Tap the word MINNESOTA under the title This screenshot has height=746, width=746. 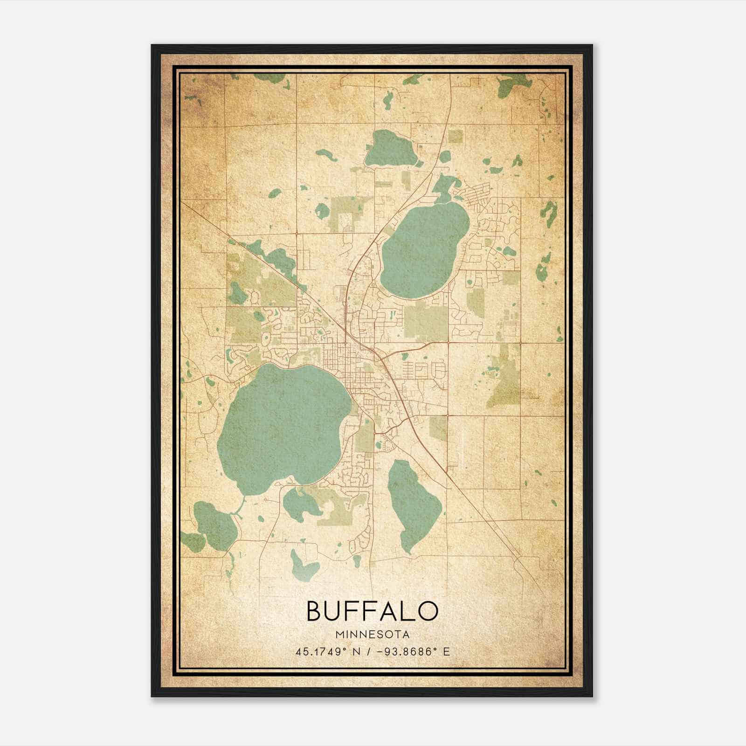coord(372,635)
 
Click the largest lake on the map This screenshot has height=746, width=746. coord(282,422)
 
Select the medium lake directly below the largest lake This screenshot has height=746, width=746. coord(298,504)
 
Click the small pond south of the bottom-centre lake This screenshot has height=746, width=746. coord(303,564)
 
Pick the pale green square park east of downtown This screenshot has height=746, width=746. coord(425,322)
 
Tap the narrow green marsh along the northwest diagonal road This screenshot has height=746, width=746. coord(275,259)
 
